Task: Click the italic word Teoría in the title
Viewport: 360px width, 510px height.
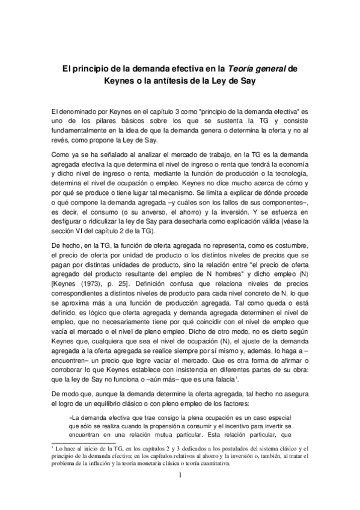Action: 245,69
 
